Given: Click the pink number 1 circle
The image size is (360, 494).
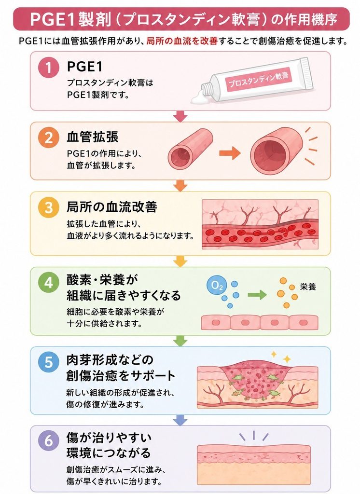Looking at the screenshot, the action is coord(49,67).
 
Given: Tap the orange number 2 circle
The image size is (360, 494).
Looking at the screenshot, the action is coord(49,137).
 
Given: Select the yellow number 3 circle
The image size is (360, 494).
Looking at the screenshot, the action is coord(49,207).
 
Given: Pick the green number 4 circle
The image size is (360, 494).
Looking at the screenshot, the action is coord(49,283).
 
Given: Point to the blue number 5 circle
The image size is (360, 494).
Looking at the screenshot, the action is coord(49,362).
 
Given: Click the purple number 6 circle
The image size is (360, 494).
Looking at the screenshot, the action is coord(49,440).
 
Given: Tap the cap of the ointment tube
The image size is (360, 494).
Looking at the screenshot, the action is coord(207,91).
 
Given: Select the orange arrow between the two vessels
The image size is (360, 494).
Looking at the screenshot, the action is coord(230,153).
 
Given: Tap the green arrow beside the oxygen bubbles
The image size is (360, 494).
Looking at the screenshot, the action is coord(257,295).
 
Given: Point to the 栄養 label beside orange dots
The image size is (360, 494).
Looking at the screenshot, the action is coord(308,287).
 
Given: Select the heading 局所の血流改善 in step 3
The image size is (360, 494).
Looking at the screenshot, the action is coord(111,207).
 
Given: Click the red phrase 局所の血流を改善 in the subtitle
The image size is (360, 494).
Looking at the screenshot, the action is coord(182,41).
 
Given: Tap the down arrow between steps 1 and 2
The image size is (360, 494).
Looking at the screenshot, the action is coord(180,116).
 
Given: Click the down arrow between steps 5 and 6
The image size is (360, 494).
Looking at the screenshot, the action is coord(180,420).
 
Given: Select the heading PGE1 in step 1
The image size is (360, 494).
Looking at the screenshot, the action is coord(85,67).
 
